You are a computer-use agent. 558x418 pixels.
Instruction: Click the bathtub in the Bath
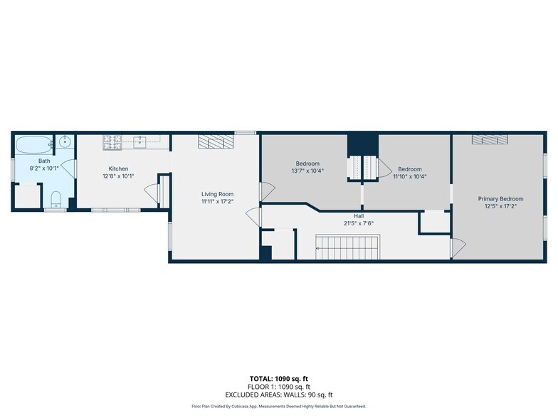pos(34,145)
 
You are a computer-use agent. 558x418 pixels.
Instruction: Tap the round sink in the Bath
pos(65,142)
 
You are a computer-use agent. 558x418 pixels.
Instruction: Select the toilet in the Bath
pos(56,199)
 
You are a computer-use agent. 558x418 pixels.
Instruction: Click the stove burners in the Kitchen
pos(112,142)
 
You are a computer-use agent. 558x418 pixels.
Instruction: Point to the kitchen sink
pos(139,142)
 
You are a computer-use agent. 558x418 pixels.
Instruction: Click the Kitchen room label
pos(118,169)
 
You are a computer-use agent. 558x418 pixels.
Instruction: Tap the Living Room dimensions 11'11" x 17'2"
pos(217,202)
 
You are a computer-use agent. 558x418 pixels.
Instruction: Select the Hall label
pos(359,216)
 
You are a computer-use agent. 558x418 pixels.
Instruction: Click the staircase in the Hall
pos(347,247)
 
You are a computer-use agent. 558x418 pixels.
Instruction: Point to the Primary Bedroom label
pos(500,199)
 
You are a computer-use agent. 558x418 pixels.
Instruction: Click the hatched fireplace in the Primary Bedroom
pos(490,139)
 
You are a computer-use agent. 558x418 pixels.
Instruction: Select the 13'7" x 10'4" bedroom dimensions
pos(307,171)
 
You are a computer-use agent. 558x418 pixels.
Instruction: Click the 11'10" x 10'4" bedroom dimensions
pos(410,176)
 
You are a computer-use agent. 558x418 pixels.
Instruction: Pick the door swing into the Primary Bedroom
pos(458,247)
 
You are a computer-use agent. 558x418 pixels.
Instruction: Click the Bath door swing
pos(68,168)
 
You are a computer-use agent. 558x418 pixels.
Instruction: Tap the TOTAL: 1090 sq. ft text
pos(279,379)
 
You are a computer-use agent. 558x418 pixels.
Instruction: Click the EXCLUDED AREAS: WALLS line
pos(279,395)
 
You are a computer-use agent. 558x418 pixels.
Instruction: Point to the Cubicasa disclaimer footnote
pos(279,407)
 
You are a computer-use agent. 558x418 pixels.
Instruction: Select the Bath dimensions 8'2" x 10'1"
pos(44,168)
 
